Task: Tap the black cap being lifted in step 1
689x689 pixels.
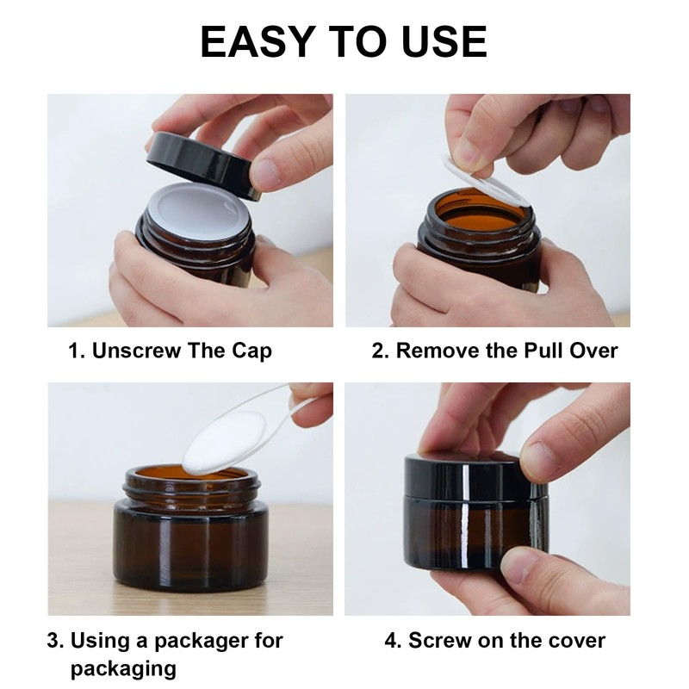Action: pyautogui.click(x=203, y=165)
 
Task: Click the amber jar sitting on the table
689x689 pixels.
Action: pyautogui.click(x=190, y=529)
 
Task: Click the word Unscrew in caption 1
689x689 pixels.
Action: pyautogui.click(x=136, y=351)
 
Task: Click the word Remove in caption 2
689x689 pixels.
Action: pyautogui.click(x=438, y=351)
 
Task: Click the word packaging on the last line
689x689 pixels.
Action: pyautogui.click(x=123, y=670)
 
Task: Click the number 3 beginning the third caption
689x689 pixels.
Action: pyautogui.click(x=53, y=641)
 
